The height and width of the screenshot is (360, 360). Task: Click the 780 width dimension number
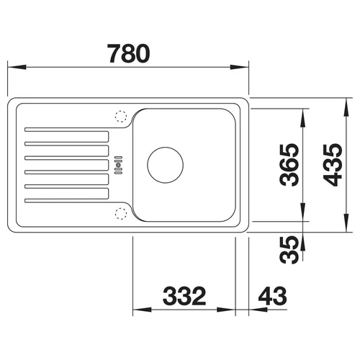click(x=129, y=53)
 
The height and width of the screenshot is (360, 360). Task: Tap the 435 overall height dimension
click(x=333, y=165)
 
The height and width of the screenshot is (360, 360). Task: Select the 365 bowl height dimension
click(x=289, y=165)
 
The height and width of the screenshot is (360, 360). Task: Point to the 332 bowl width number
click(x=184, y=296)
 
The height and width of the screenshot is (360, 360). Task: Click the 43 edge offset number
click(x=272, y=296)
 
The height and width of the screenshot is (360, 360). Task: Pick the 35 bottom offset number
click(x=289, y=250)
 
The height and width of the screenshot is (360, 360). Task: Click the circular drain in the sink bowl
click(x=166, y=165)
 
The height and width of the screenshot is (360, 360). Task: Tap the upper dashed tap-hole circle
click(x=121, y=117)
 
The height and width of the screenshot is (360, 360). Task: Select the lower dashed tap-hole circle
click(x=121, y=214)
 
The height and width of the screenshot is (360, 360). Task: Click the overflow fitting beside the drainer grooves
click(x=118, y=165)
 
